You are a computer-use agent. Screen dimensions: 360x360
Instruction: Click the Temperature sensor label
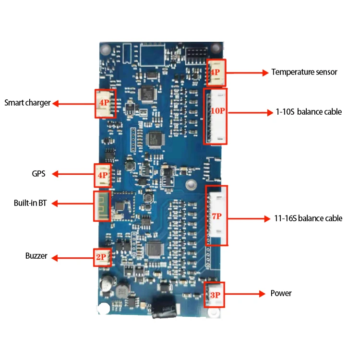[x=304, y=72]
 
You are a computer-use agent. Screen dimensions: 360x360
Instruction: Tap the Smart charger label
[x=27, y=103]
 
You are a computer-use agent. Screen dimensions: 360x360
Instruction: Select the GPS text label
[x=38, y=174]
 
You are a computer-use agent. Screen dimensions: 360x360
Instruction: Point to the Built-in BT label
[x=29, y=203]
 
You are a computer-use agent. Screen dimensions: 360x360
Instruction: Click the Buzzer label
[x=36, y=256]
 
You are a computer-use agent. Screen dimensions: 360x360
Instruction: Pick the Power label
[x=281, y=293]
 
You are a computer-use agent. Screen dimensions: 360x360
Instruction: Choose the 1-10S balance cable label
[x=309, y=112]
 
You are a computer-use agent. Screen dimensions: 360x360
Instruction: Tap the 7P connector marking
[x=217, y=216]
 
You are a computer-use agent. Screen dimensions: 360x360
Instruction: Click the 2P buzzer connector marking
[x=101, y=258]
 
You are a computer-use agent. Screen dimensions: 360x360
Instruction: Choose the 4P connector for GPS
[x=102, y=175]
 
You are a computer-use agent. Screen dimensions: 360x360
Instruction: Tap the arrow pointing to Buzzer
[x=72, y=258]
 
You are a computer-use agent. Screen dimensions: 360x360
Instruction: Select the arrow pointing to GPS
[x=72, y=174]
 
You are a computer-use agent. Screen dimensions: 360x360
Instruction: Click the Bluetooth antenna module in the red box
[x=102, y=206]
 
